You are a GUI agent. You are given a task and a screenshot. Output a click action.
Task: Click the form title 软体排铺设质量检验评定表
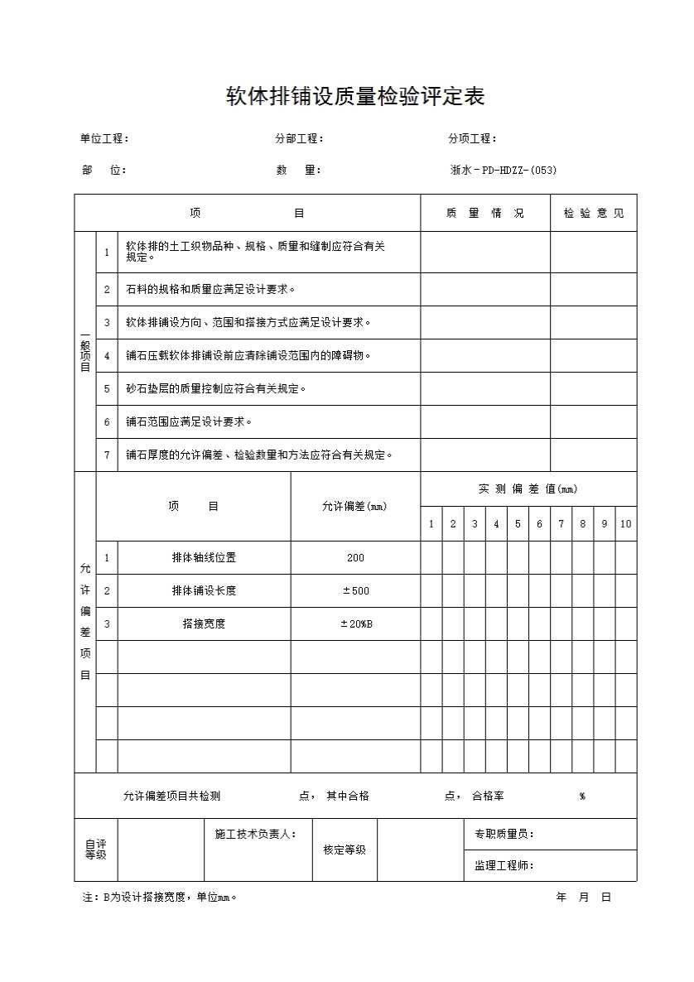pyautogui.click(x=355, y=97)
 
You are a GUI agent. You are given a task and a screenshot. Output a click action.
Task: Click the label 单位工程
pyautogui.click(x=104, y=139)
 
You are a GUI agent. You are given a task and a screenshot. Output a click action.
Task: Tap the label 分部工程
pyautogui.click(x=299, y=139)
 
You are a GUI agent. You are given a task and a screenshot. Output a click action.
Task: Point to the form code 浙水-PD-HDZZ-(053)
pyautogui.click(x=503, y=171)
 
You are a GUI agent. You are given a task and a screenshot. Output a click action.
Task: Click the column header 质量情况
pyautogui.click(x=484, y=213)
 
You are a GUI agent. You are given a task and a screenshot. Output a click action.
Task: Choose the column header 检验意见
pyautogui.click(x=593, y=213)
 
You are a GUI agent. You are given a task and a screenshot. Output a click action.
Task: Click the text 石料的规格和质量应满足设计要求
pyautogui.click(x=210, y=289)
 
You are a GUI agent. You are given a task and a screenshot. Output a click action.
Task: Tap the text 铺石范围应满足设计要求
pyautogui.click(x=188, y=421)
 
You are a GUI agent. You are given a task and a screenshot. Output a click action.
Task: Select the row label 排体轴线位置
pyautogui.click(x=204, y=557)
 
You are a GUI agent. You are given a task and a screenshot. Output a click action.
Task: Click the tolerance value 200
pyautogui.click(x=355, y=557)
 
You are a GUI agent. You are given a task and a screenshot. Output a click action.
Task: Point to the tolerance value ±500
pyautogui.click(x=355, y=590)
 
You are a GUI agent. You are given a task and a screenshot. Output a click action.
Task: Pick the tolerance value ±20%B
pyautogui.click(x=355, y=623)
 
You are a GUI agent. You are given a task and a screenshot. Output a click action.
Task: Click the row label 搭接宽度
pyautogui.click(x=204, y=623)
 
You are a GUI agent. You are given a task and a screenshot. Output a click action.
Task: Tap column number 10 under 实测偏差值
pyautogui.click(x=626, y=523)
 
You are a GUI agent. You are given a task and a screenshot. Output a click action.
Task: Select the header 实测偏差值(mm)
pyautogui.click(x=528, y=489)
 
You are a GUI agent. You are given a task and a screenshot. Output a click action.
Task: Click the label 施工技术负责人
pyautogui.click(x=254, y=834)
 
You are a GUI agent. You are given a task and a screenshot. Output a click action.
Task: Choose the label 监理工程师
pyautogui.click(x=504, y=866)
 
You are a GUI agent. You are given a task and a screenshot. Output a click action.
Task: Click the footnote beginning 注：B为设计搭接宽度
pyautogui.click(x=159, y=897)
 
